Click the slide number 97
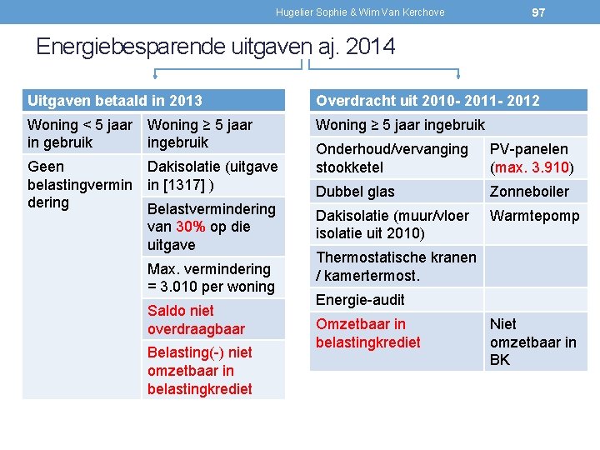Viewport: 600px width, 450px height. (x=538, y=12)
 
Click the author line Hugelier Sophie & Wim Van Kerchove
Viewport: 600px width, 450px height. (x=360, y=12)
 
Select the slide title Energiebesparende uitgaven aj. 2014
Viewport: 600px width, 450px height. (x=215, y=47)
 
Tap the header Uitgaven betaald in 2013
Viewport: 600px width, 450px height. (x=115, y=101)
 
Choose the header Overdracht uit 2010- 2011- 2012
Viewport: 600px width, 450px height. (x=427, y=101)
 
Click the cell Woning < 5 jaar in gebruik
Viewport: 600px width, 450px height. (x=80, y=133)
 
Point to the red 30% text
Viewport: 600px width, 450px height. (x=191, y=227)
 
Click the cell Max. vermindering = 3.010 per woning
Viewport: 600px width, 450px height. (x=211, y=277)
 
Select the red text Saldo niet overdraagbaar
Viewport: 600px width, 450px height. (x=196, y=319)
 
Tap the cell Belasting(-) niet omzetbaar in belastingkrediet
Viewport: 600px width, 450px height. (x=200, y=370)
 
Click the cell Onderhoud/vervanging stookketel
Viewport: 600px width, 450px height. (x=392, y=157)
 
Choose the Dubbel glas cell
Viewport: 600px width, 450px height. (x=355, y=191)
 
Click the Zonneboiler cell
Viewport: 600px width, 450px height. (x=529, y=191)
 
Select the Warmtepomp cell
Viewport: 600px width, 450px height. (x=534, y=216)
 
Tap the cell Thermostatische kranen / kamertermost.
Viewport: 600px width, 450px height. (x=396, y=266)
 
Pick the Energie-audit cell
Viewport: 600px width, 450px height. (x=360, y=299)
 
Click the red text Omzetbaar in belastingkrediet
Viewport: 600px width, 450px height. (x=367, y=332)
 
